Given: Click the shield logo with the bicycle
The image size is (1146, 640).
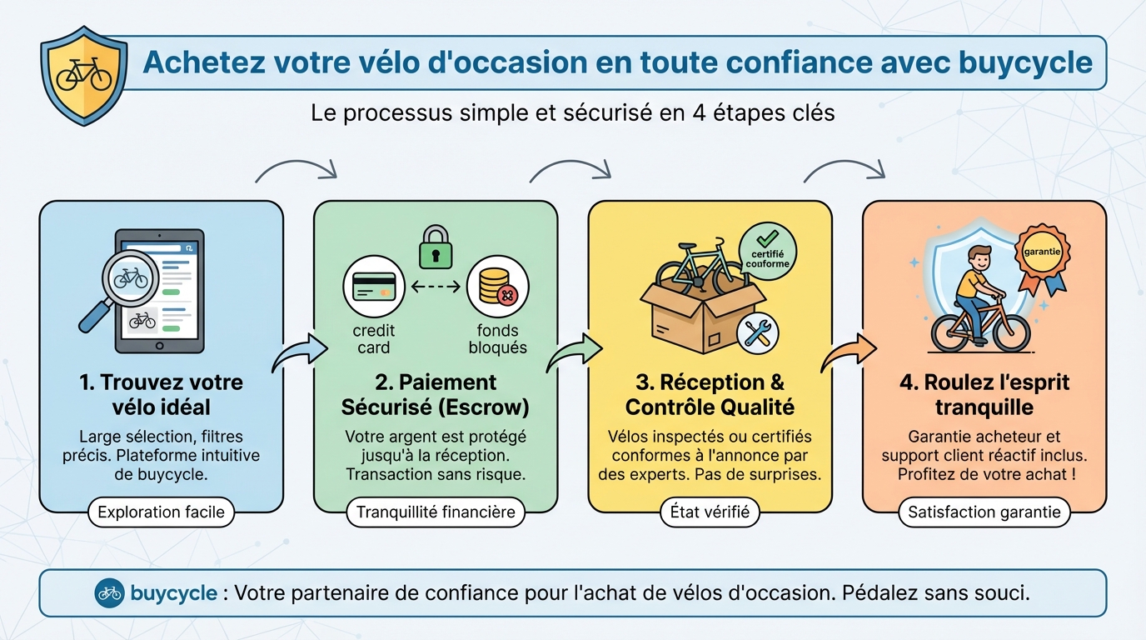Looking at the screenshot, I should click(83, 75).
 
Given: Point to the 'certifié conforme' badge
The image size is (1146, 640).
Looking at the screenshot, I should click(767, 251).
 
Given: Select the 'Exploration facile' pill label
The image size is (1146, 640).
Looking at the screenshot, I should click(161, 512).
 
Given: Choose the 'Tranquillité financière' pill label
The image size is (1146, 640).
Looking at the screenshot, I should click(436, 512).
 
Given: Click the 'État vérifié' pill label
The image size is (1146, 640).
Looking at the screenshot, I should click(710, 512).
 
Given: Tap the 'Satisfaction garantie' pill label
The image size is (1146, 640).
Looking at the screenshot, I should click(984, 512).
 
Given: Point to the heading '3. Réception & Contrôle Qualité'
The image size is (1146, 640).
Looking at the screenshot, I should click(710, 395).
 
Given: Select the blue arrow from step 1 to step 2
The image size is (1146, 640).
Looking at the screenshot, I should click(301, 355).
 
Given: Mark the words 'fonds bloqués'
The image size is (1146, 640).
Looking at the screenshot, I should click(497, 339).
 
